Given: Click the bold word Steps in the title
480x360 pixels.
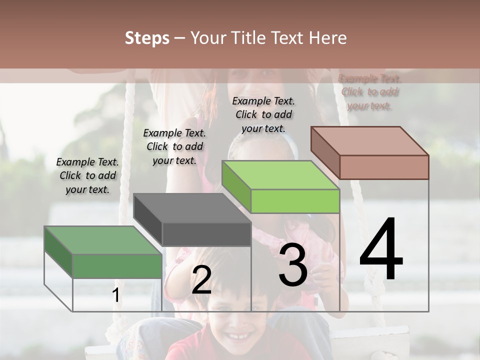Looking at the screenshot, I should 147,38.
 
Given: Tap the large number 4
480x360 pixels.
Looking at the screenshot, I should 381,250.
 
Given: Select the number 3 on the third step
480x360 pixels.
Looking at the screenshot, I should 292,265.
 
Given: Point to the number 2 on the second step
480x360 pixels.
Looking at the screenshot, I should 201,280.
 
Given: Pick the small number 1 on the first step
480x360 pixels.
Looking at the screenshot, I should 115,295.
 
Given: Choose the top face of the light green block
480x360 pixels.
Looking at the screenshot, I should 280,175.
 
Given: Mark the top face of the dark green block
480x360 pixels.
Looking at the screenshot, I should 103,240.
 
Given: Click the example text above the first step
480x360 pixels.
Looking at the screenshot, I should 87,175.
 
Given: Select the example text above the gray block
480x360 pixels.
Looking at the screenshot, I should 174,146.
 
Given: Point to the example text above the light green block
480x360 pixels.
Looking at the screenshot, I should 263,114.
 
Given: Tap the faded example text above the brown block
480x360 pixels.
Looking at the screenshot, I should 369,92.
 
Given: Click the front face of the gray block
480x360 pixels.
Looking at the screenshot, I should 206,234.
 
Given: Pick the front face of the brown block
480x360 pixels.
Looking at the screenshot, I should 384,167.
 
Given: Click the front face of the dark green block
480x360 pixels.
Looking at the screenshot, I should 117,266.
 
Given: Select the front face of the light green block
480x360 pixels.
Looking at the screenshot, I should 295,201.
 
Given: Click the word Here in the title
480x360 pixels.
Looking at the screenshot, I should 328,38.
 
